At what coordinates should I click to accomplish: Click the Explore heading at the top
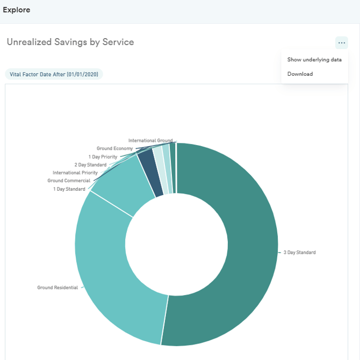click(17, 10)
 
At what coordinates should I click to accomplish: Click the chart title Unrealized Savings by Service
click(70, 42)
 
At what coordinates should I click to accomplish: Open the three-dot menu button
click(341, 42)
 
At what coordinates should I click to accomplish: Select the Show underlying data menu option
click(314, 60)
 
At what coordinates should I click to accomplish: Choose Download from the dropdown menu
click(300, 74)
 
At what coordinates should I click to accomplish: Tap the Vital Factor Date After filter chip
click(54, 74)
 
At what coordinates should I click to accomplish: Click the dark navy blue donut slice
click(150, 172)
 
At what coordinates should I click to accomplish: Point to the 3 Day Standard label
click(299, 253)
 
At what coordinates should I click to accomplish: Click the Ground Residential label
click(57, 287)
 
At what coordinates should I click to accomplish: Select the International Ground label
click(150, 140)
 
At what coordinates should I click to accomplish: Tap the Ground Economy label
click(114, 148)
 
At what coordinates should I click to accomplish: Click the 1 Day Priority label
click(103, 157)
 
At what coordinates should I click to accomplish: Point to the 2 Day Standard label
click(90, 165)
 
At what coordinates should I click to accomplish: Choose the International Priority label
click(75, 172)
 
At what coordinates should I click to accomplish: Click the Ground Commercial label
click(69, 181)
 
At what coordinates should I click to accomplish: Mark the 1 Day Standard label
click(69, 189)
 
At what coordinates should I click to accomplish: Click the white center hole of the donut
click(176, 244)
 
